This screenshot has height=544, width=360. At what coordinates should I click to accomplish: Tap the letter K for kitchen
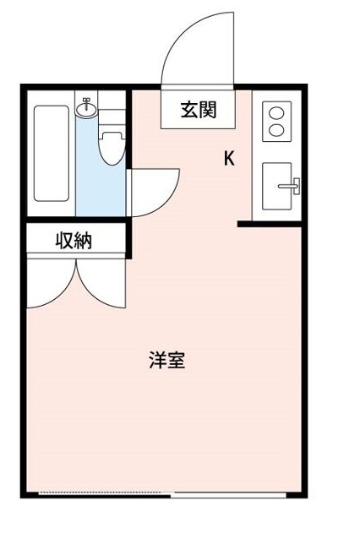click(229, 158)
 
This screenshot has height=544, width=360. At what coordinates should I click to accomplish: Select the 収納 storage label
click(74, 241)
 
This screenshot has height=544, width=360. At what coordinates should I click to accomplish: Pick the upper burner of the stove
click(275, 112)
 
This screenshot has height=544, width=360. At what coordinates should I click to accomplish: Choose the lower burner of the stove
click(275, 131)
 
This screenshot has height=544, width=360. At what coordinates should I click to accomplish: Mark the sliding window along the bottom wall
click(169, 492)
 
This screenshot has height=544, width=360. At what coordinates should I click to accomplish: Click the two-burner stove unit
click(275, 122)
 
